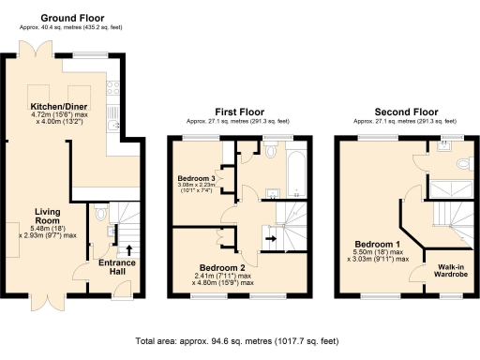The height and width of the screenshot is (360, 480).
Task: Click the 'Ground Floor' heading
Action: [x=73, y=18]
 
